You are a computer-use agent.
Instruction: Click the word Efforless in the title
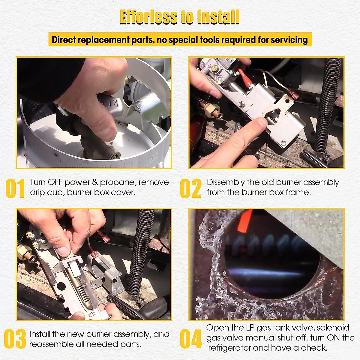coord(148,17)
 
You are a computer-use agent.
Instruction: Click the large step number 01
coord(15,188)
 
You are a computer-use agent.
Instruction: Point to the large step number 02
coord(191,188)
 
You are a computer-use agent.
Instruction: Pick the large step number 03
coord(15,339)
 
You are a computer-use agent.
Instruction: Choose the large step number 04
coord(191,339)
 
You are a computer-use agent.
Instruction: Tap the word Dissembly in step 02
coord(226,182)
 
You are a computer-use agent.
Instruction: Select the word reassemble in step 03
coord(51,344)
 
